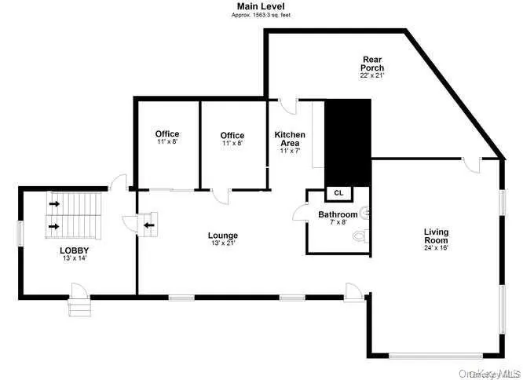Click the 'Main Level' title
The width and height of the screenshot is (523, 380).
(x=261, y=5)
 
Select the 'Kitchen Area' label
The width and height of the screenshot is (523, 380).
(x=290, y=139)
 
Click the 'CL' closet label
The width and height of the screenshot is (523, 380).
(x=338, y=192)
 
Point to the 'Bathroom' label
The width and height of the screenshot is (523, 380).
(x=338, y=214)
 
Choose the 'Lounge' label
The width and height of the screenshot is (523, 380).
(x=222, y=236)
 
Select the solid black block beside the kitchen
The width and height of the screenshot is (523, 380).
(x=346, y=142)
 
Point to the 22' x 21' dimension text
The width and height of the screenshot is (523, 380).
(x=372, y=76)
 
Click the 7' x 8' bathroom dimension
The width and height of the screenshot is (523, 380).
(x=338, y=223)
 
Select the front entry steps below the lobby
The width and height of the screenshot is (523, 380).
(x=79, y=307)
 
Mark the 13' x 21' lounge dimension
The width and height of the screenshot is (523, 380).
(x=222, y=243)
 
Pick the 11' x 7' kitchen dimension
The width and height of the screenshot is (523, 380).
(x=290, y=152)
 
